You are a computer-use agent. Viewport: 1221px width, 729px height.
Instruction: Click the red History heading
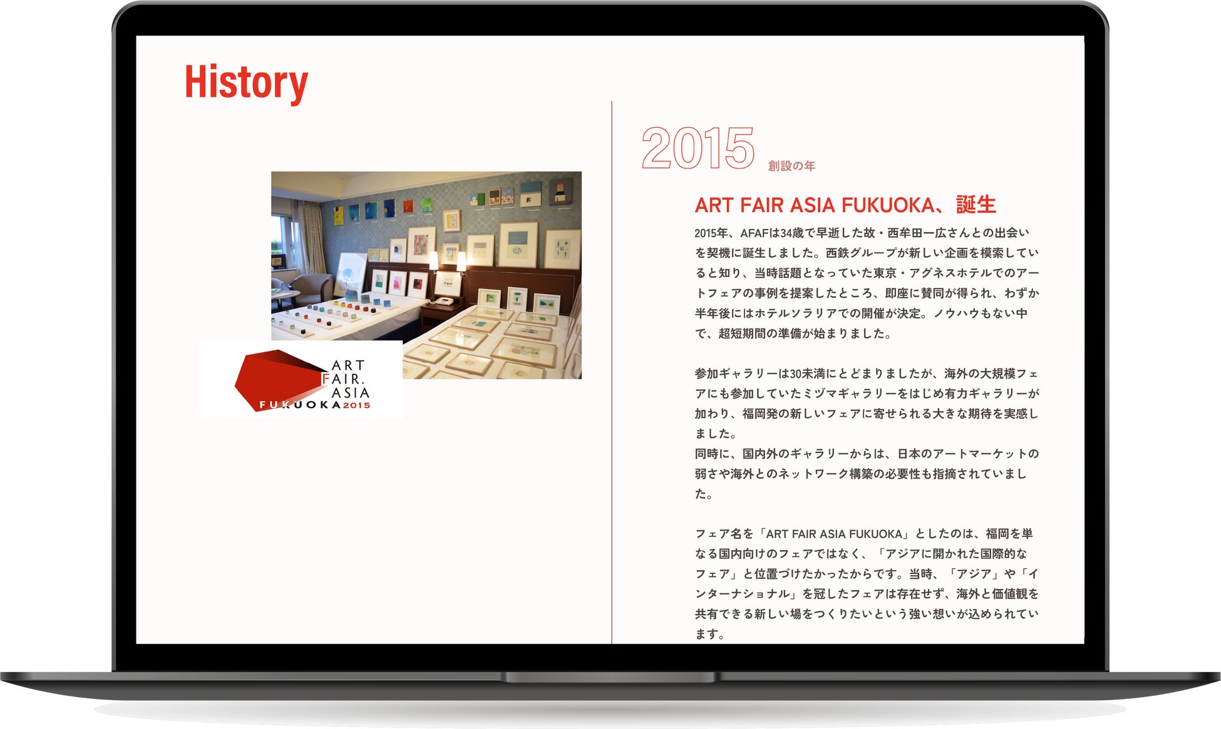click(246, 83)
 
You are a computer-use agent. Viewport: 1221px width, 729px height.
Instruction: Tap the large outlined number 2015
click(698, 148)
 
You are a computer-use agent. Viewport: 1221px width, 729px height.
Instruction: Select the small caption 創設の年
click(791, 166)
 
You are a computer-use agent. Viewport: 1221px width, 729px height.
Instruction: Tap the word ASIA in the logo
click(350, 392)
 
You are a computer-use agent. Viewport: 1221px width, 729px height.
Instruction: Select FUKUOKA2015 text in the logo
click(315, 405)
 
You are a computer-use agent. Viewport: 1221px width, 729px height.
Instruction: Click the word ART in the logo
click(348, 365)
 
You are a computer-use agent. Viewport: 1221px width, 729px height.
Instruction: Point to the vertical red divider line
click(612, 372)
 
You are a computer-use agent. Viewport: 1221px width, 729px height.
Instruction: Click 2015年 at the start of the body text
click(711, 233)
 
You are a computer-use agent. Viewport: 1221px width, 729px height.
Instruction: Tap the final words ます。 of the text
click(710, 634)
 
